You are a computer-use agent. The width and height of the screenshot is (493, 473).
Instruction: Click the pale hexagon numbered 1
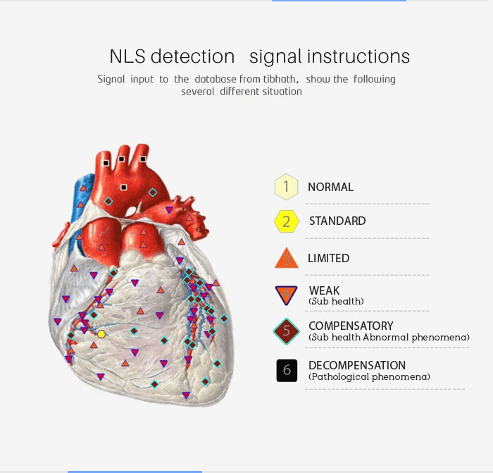pos(286,187)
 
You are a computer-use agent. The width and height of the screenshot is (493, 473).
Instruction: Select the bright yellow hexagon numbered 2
pos(287,221)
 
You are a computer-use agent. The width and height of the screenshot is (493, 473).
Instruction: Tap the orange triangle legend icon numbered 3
pos(287,258)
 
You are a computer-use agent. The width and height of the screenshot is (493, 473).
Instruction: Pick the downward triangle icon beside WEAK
pos(286,295)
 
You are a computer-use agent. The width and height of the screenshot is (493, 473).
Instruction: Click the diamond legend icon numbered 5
pos(286,331)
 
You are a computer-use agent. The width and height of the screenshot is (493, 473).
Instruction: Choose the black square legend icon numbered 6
pos(287,370)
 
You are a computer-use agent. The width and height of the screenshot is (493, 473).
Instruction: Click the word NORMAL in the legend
pos(330,187)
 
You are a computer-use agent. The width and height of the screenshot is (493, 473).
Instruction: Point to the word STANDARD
pos(337,221)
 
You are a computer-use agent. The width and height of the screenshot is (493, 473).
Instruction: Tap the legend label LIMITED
pos(329,259)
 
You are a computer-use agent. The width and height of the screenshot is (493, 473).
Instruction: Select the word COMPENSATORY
pos(351,326)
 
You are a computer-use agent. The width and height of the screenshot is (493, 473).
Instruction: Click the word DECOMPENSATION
pos(357,365)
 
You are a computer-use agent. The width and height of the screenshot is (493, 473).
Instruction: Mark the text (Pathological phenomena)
pos(369,377)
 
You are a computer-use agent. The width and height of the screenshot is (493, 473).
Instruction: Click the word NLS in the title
pos(127,56)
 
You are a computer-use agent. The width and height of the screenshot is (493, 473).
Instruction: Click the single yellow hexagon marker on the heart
pos(101,334)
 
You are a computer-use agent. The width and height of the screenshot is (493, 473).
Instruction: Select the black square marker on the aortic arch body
pos(124,188)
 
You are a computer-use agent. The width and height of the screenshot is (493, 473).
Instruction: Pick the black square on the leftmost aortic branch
pos(106,163)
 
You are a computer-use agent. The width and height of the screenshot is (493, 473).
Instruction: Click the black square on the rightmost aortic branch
pos(143,159)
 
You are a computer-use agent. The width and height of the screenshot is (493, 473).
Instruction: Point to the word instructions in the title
pos(358,56)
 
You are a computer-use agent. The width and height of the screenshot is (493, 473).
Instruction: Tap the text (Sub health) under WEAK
pos(336,301)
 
